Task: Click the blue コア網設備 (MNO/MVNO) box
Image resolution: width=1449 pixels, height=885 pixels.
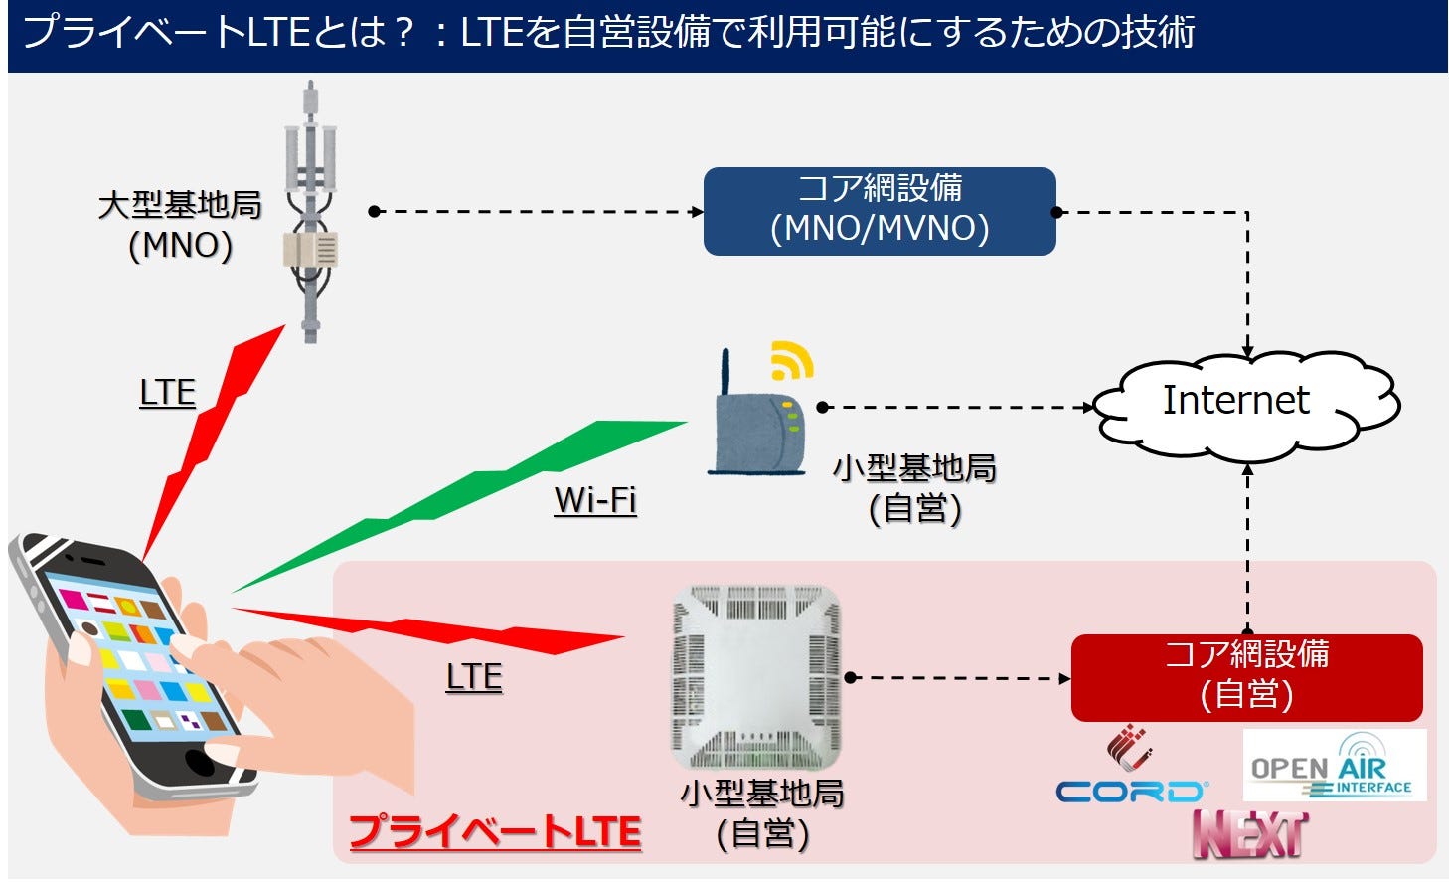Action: pos(880,211)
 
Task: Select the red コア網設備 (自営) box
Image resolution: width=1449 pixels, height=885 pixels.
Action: pos(1246,677)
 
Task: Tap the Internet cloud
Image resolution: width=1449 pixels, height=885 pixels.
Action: pos(1242,403)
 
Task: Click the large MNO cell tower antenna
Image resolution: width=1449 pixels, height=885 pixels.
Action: pos(311,209)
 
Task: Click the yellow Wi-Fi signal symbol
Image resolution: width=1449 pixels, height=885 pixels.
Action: pos(791,361)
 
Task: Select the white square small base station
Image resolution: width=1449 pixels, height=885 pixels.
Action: pos(755,676)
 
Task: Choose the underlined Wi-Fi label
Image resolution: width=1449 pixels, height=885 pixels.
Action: pos(595,500)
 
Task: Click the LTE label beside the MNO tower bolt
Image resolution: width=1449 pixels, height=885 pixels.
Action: pos(167,394)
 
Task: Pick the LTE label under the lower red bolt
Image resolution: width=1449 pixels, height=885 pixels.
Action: pos(473,677)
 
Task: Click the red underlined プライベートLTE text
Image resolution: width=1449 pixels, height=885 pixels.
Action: pos(495,831)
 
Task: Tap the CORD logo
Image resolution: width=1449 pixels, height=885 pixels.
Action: pos(1130,790)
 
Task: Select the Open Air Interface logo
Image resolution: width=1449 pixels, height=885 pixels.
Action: pos(1334,767)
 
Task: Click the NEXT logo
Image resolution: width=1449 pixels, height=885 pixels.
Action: pos(1250,835)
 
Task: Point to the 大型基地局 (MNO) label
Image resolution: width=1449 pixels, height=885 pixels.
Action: pos(180,225)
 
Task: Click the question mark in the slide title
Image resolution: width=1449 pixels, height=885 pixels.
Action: pos(402,33)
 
